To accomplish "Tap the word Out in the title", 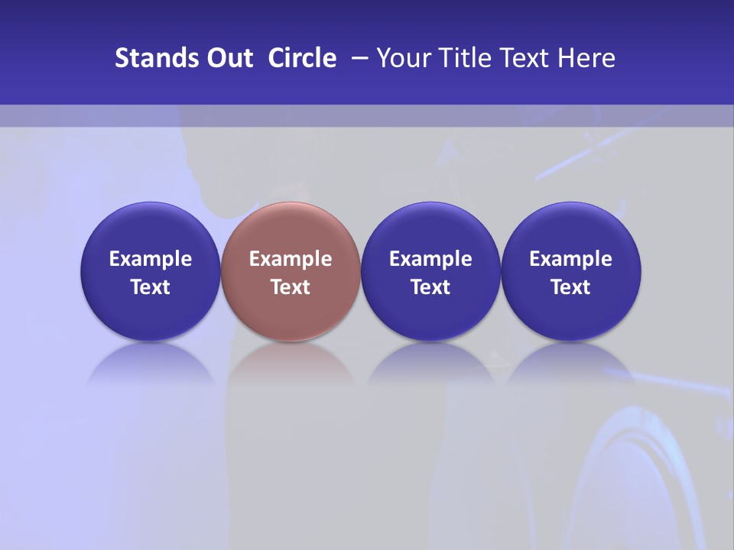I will coord(230,58).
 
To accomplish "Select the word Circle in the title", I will coord(302,58).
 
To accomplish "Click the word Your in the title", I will coord(402,58).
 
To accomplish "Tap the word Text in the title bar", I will coord(520,58).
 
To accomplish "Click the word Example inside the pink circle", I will coord(291,259).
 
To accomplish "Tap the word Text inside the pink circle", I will coord(291,287).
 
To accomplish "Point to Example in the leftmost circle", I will coord(151,259).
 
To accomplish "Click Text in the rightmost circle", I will coord(571,287).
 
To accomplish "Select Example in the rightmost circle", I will coord(571,259).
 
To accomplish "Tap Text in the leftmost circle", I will coord(151,287).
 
